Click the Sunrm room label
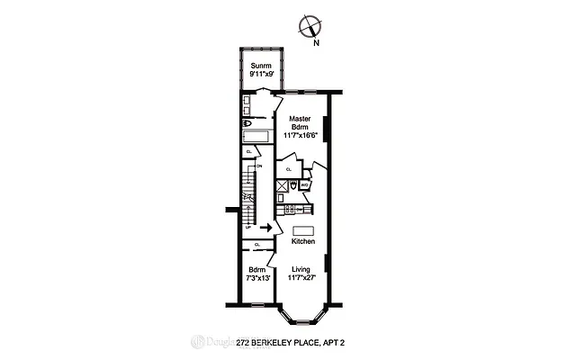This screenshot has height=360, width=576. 261,66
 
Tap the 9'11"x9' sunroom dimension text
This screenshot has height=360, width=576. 261,75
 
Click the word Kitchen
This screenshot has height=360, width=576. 302,242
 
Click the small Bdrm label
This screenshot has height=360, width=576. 257,270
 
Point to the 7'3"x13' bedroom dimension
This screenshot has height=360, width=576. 257,279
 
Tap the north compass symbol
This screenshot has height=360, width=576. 309,27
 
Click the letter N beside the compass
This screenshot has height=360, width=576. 315,42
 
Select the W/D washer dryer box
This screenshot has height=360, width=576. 305,184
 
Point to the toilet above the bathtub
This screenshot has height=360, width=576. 247,123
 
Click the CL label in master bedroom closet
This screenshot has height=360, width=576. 288,168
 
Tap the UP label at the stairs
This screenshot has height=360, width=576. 248,227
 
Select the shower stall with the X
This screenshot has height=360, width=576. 283,186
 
